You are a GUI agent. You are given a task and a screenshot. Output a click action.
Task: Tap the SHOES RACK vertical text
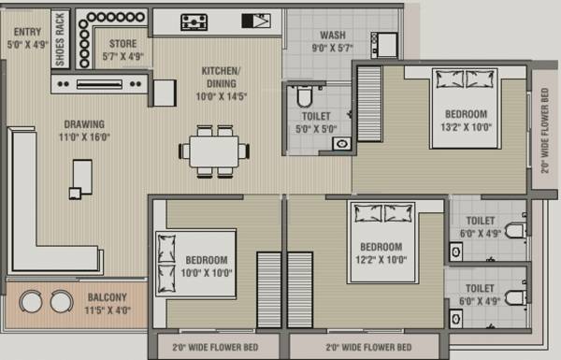pos(60,38)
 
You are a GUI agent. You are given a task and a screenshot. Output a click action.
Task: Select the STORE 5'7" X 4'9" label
pos(122,50)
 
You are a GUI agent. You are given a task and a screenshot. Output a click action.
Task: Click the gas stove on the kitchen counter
pos(194,22)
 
